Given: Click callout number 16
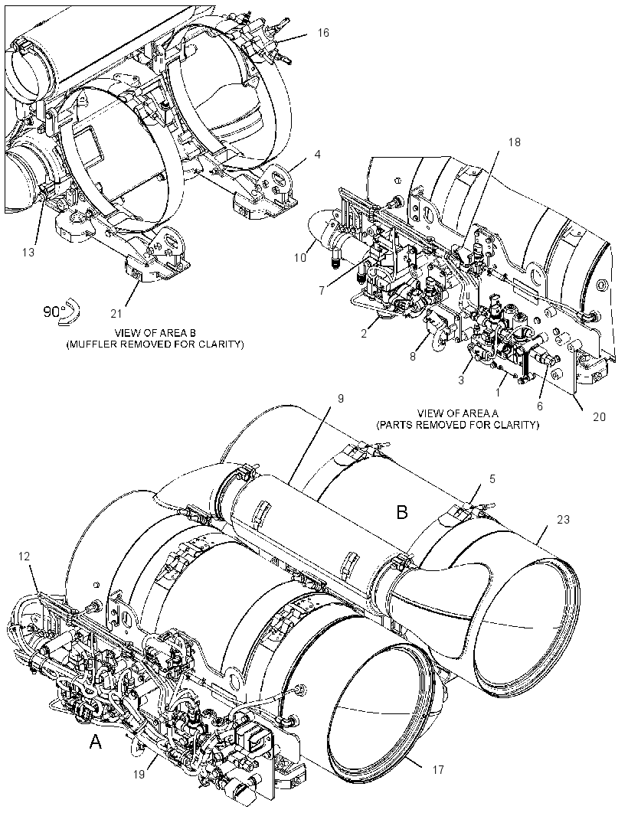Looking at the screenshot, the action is click(323, 33).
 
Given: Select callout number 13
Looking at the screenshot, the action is click(28, 252).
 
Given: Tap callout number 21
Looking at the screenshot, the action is click(116, 313).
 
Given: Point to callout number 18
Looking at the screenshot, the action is click(514, 142).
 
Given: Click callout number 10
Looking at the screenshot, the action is click(300, 257).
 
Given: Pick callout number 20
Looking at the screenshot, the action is click(600, 416).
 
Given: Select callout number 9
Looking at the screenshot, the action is click(341, 399).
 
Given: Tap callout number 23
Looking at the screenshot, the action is click(564, 519).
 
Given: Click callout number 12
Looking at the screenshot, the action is click(24, 556).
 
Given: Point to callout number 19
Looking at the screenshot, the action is click(139, 774).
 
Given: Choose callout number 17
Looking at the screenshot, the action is click(438, 769).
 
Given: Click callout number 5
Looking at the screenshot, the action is click(492, 478).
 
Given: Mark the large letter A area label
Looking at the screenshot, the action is click(96, 741).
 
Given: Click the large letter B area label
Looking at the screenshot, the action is click(402, 513).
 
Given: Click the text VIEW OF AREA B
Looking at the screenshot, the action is click(155, 333).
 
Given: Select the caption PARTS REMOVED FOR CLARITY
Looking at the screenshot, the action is click(458, 425).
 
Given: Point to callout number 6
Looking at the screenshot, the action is click(539, 406).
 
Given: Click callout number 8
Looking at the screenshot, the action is click(413, 357).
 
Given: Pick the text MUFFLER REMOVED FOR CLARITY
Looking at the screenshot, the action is click(155, 344).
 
